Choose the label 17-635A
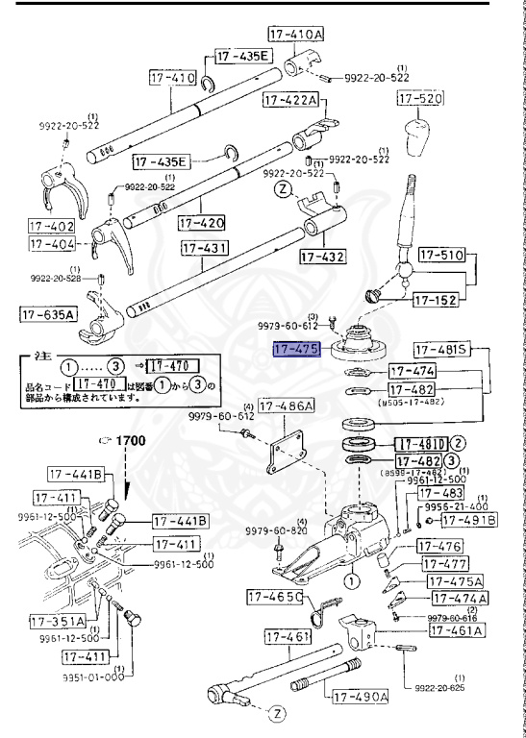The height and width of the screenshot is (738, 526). [x=47, y=313]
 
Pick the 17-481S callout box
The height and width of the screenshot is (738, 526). [x=442, y=349]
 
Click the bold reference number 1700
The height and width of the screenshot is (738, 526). [x=130, y=439]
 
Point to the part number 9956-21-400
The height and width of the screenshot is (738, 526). [x=470, y=506]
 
